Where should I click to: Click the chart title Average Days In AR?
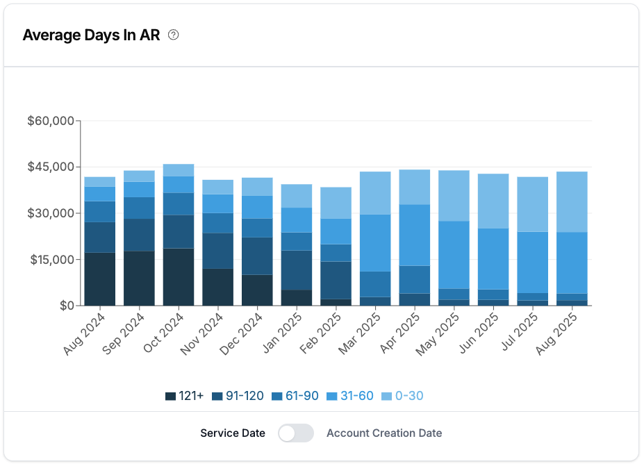click(91, 35)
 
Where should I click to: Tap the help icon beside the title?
click(174, 35)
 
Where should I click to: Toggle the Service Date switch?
click(295, 433)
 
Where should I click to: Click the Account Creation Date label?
click(384, 433)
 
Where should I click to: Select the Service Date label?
click(233, 433)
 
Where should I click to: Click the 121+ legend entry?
click(185, 397)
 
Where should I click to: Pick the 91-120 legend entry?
click(238, 397)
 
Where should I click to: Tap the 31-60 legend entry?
click(350, 397)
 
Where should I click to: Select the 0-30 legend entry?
click(403, 397)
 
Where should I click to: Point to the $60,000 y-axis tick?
click(51, 122)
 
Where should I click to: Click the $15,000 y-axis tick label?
click(51, 260)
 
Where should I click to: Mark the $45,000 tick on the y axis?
click(51, 167)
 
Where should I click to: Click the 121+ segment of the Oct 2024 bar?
click(179, 277)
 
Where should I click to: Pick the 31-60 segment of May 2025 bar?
click(454, 255)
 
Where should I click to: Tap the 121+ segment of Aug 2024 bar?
click(100, 279)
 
